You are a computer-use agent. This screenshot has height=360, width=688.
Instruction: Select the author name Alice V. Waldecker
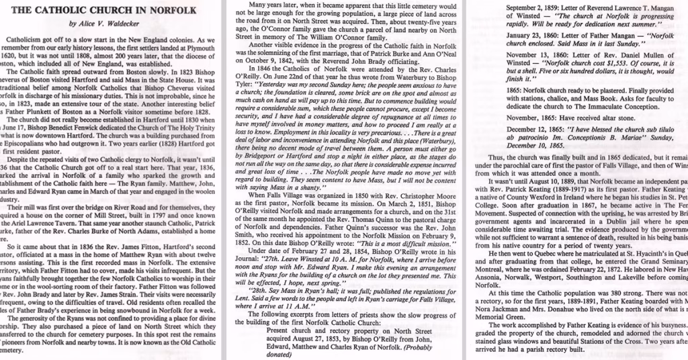coord(114,25)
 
